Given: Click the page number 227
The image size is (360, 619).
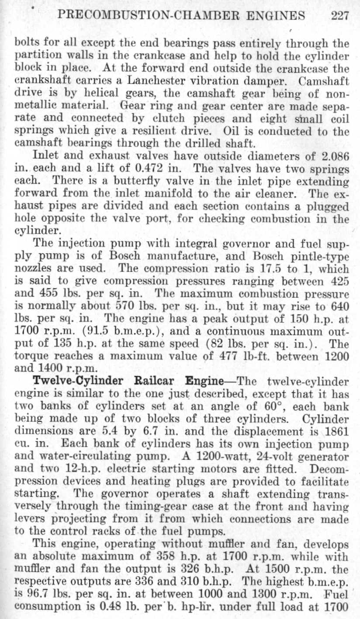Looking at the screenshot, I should tap(340, 16).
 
